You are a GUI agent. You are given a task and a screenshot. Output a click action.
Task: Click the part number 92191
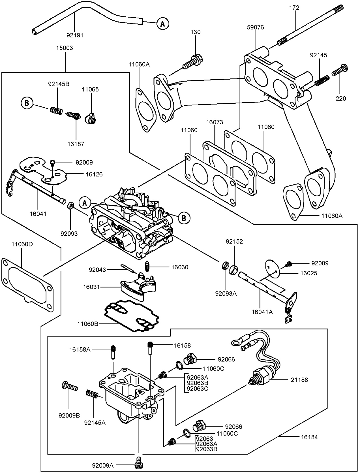(75, 35)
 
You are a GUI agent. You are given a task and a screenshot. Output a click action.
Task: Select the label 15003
(64, 48)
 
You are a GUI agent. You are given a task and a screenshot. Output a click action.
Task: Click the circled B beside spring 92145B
(27, 103)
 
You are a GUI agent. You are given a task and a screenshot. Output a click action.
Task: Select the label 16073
(215, 122)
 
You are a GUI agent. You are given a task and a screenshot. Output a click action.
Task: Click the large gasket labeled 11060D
(27, 283)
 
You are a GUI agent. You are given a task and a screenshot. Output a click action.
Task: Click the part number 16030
(179, 267)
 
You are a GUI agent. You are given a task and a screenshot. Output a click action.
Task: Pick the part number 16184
(309, 437)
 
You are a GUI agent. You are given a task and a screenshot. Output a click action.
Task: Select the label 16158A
(80, 350)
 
